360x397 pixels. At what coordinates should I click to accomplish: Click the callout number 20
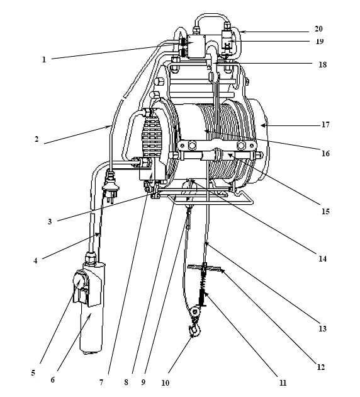tap(318, 29)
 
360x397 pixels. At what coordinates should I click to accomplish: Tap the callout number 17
tap(325, 125)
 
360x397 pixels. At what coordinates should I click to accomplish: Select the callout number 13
tap(323, 329)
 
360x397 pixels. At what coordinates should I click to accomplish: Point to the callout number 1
tap(44, 60)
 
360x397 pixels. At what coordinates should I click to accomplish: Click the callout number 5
tap(33, 373)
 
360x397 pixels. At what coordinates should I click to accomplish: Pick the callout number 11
tap(283, 383)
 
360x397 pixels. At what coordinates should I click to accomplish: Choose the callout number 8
tap(126, 382)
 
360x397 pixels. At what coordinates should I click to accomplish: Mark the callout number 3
tap(50, 222)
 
